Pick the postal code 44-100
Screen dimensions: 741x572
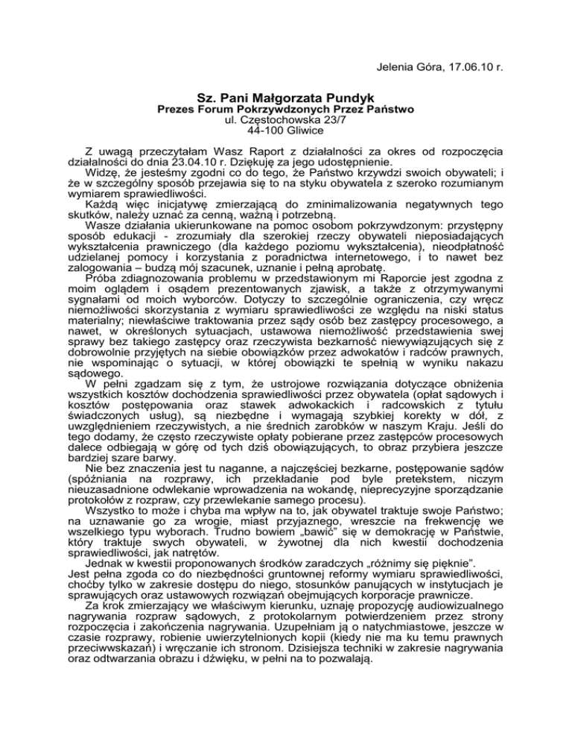[x=243, y=130]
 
